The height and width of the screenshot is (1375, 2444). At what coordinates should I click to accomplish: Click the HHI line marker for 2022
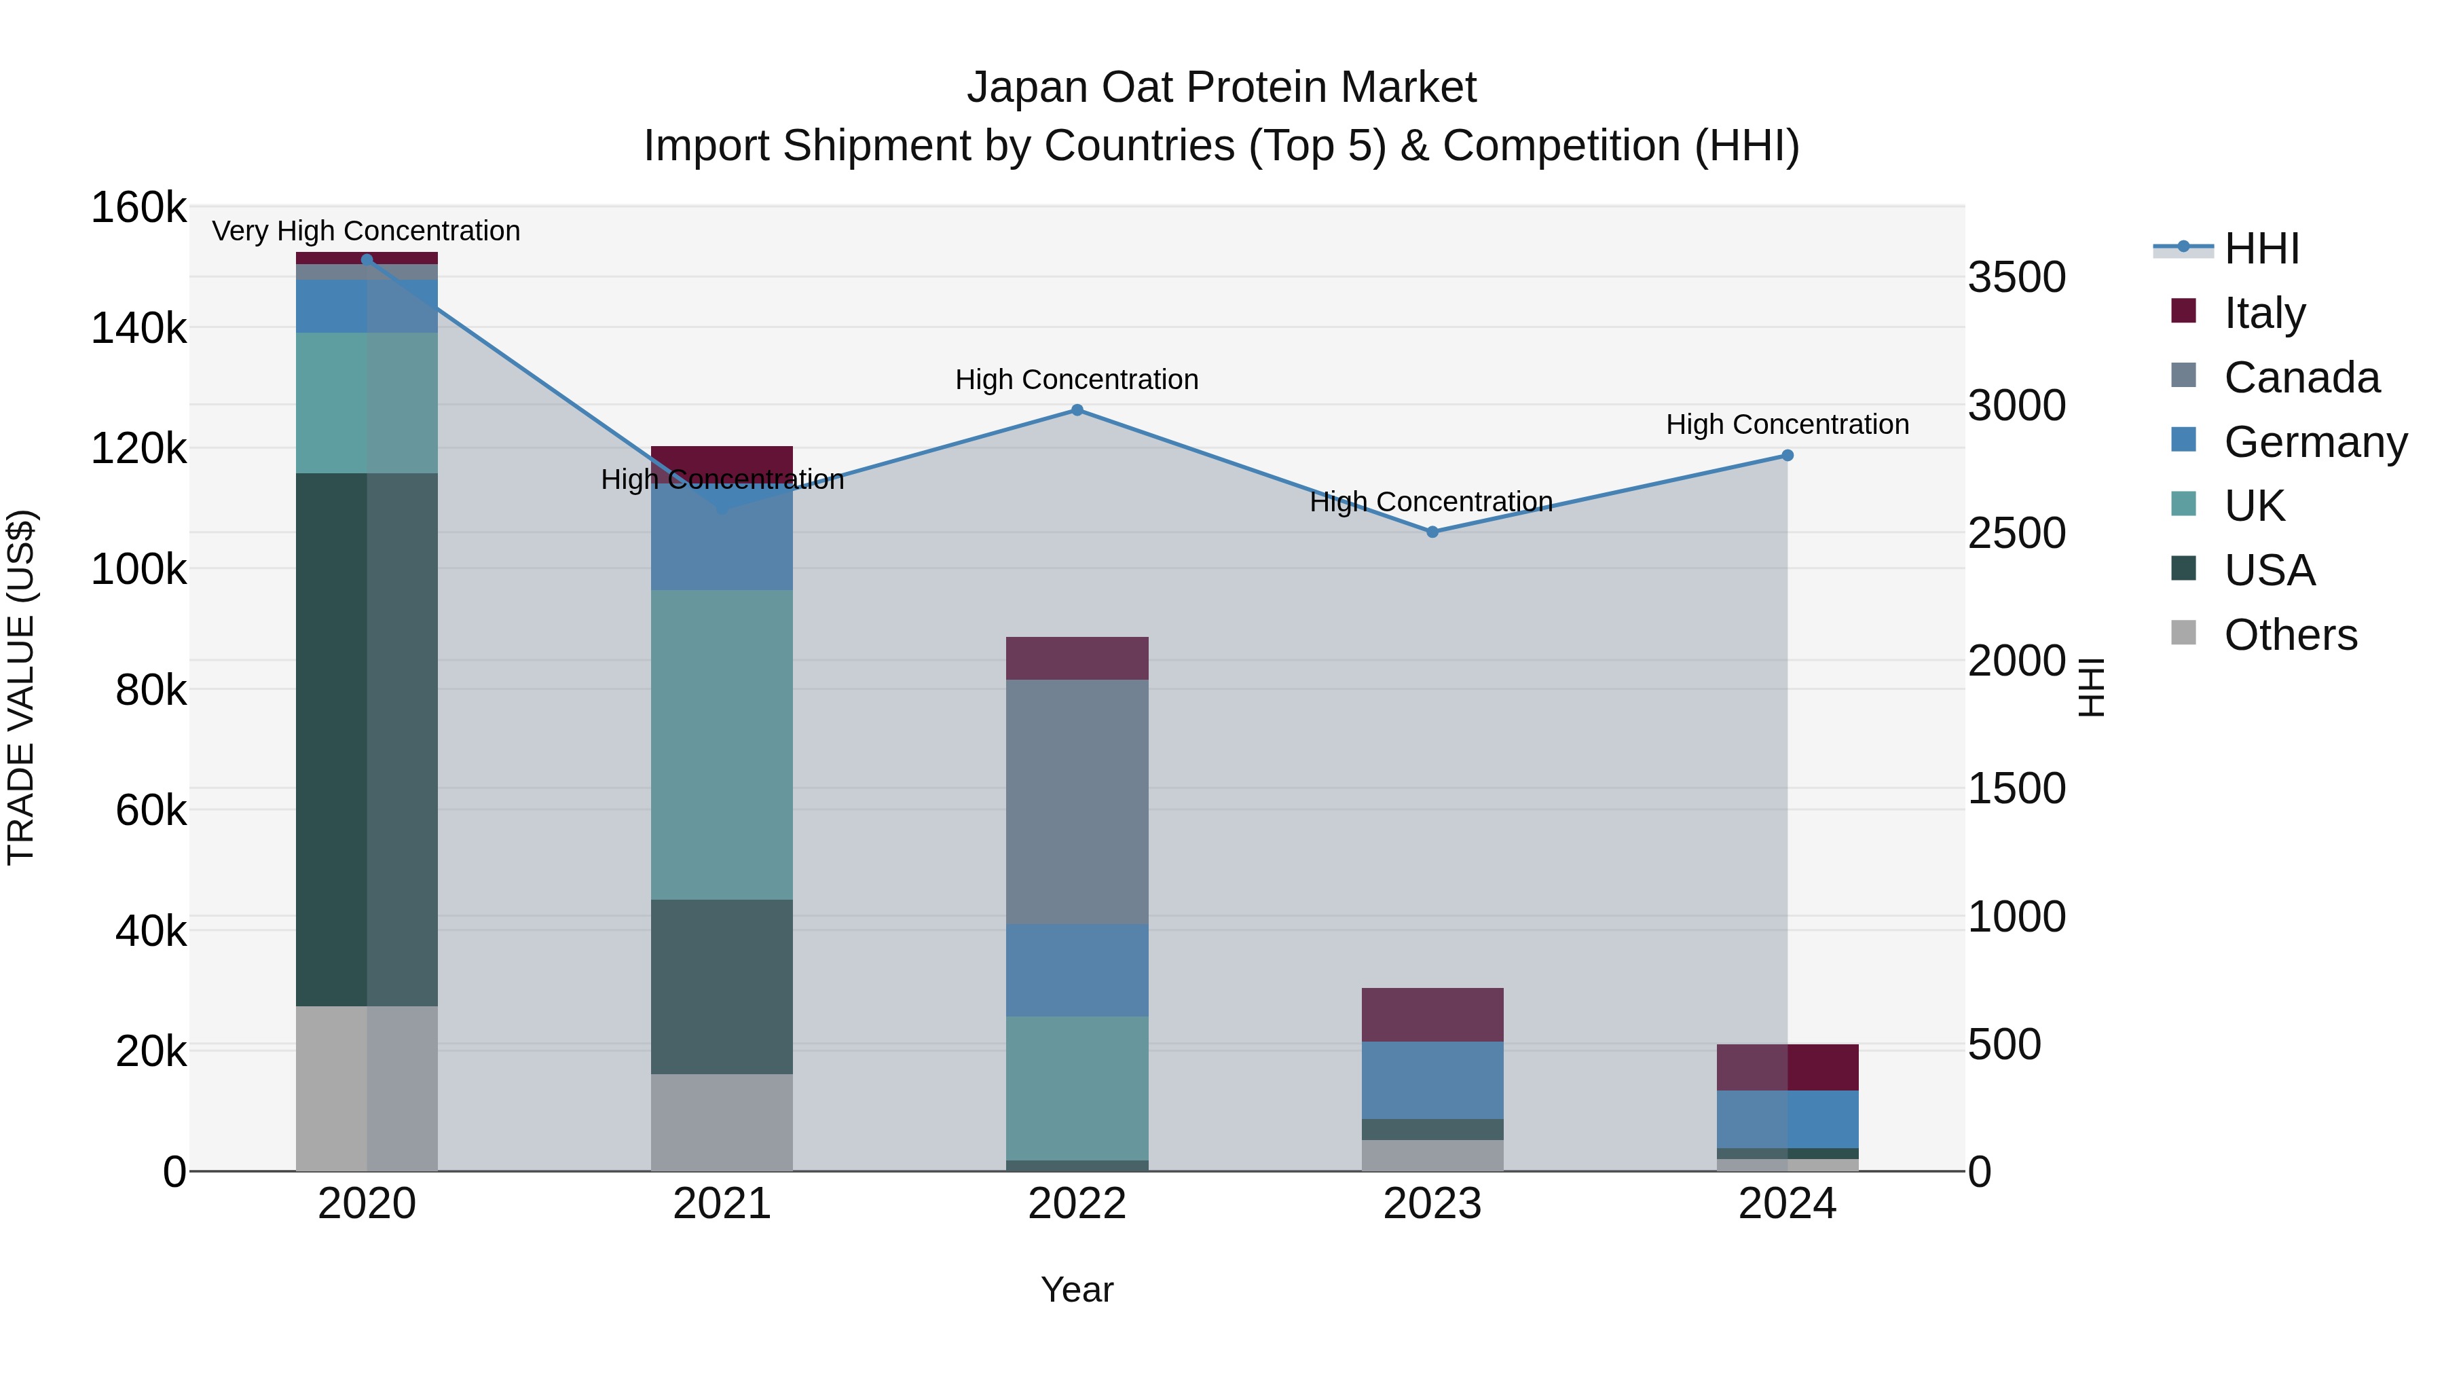click(x=1077, y=410)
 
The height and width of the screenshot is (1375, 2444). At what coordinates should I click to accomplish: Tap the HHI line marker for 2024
click(x=1788, y=456)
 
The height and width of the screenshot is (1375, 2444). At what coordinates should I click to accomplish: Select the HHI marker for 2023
click(x=1432, y=532)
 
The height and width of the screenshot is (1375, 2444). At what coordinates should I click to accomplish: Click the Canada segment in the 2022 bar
click(x=1077, y=802)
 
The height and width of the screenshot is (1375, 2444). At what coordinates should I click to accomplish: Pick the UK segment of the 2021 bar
click(x=722, y=745)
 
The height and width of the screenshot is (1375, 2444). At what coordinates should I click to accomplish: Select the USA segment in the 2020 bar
click(x=367, y=740)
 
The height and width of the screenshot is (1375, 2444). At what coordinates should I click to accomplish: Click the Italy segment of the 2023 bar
click(x=1432, y=1014)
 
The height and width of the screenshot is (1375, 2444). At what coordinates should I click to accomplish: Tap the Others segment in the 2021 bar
click(x=722, y=1122)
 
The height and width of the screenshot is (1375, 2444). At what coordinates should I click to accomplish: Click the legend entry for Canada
click(x=2301, y=378)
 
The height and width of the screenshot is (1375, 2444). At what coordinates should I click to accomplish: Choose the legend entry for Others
click(x=2289, y=635)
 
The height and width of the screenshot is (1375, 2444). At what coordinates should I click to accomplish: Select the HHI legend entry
click(x=2261, y=249)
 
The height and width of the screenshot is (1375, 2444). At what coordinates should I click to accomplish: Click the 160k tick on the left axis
click(x=138, y=208)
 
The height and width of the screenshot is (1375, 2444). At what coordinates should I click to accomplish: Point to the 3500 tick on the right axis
click(x=2016, y=277)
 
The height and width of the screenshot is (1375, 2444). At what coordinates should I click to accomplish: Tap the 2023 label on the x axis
click(x=1432, y=1204)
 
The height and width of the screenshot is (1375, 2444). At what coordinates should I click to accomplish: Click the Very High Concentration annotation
click(x=366, y=231)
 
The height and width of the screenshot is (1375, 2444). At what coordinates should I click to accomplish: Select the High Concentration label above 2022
click(x=1077, y=380)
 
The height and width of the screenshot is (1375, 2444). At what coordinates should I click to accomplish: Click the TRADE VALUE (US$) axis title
click(x=21, y=688)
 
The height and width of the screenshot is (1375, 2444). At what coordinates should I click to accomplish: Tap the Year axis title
click(x=1077, y=1289)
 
